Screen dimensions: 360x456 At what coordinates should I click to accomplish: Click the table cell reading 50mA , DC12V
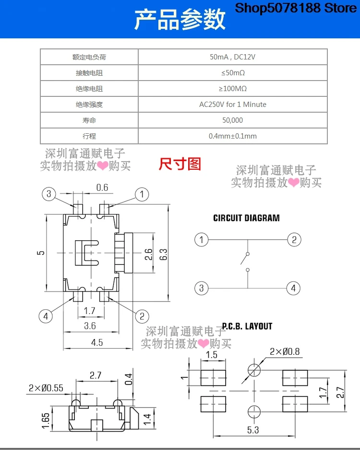coord(232,57)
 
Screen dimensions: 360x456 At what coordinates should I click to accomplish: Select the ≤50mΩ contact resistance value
coord(233,73)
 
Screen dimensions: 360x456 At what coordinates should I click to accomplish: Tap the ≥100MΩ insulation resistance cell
coord(233,88)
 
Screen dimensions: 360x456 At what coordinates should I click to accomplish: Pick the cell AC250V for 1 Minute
coord(232,105)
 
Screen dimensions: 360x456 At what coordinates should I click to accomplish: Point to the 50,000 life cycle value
coord(232,120)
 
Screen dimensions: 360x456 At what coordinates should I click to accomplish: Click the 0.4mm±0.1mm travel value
coord(232,136)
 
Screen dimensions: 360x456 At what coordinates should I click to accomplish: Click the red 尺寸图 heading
coord(180,164)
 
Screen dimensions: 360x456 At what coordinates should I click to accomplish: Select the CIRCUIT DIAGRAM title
coord(246,218)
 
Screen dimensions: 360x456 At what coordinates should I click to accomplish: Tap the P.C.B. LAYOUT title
coord(247,326)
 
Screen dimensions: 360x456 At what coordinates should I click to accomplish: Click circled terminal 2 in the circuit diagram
coord(294,240)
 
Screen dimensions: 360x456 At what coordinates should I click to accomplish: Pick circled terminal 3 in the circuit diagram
coord(201,288)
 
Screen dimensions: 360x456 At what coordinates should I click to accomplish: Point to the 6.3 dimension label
coord(163,254)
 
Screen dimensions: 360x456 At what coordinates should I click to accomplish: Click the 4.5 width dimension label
coord(97,342)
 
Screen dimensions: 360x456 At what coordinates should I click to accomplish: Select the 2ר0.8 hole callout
coord(285,351)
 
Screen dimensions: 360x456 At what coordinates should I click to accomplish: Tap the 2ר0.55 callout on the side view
coord(46,388)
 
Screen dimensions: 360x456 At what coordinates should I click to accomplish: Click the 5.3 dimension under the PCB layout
coord(253,430)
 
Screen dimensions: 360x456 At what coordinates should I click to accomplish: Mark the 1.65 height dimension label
coord(46,421)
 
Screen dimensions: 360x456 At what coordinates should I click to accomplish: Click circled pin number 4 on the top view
coord(46,316)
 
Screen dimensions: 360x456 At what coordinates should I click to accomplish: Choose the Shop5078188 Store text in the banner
coord(296,8)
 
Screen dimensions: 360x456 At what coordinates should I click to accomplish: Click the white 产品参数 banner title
coord(180,20)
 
